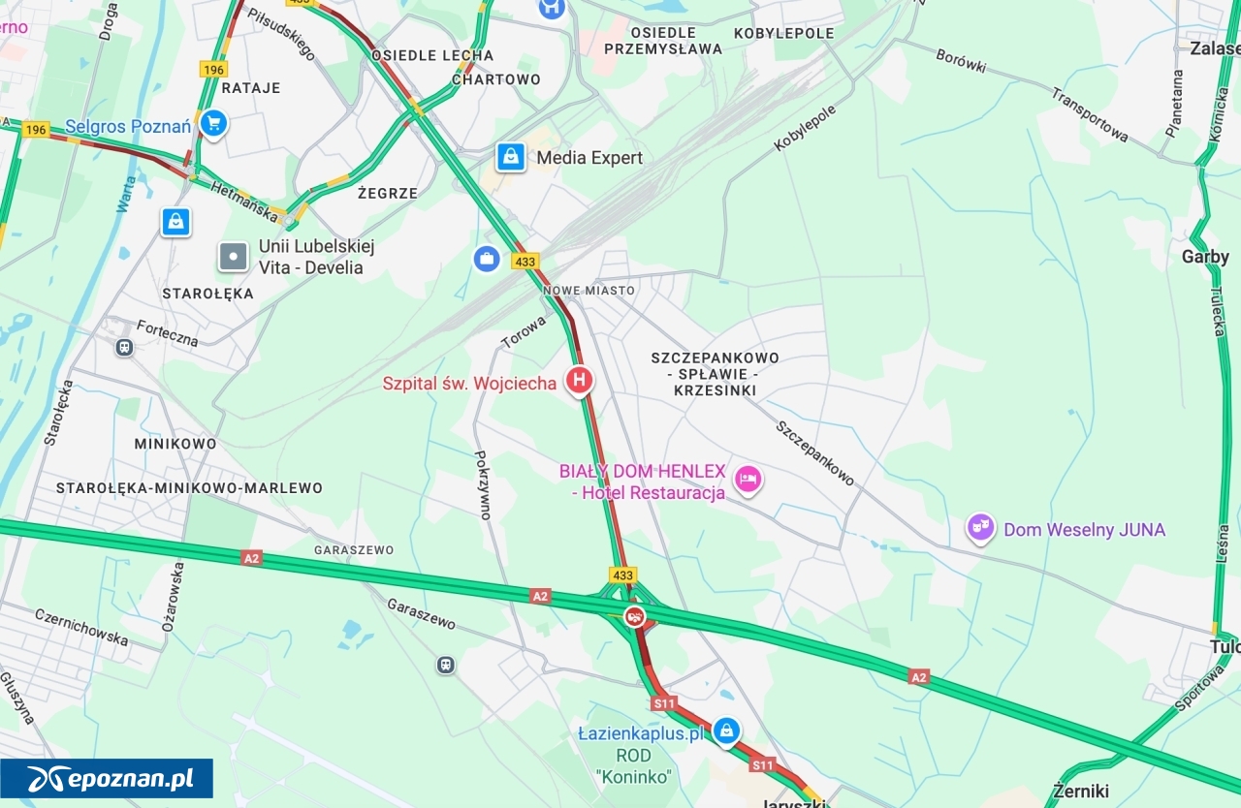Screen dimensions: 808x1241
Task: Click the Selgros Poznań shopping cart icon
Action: (x=214, y=123)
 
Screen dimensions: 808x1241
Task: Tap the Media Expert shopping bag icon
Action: (x=511, y=157)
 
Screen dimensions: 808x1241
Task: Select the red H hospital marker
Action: (x=579, y=381)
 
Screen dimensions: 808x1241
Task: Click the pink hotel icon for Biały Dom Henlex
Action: (x=747, y=479)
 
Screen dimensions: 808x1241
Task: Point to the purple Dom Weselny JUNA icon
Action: (x=981, y=528)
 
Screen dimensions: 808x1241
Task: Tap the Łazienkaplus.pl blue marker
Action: (x=726, y=730)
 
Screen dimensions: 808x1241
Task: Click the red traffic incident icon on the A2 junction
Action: (x=635, y=615)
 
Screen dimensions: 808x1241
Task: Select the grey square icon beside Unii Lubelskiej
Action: (x=234, y=257)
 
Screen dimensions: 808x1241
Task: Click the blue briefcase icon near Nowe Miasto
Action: (x=487, y=259)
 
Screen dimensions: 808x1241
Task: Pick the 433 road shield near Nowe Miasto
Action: (x=525, y=262)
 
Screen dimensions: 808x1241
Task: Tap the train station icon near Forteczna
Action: (x=124, y=347)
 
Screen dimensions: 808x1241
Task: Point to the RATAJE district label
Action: (x=251, y=88)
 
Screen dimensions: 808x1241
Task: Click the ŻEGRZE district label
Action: (x=388, y=193)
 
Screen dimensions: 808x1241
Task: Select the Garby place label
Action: (x=1205, y=257)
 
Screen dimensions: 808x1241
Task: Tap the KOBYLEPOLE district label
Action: (x=784, y=33)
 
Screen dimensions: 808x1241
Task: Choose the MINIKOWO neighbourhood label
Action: (x=175, y=444)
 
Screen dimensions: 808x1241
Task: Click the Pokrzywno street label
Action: (x=482, y=485)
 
